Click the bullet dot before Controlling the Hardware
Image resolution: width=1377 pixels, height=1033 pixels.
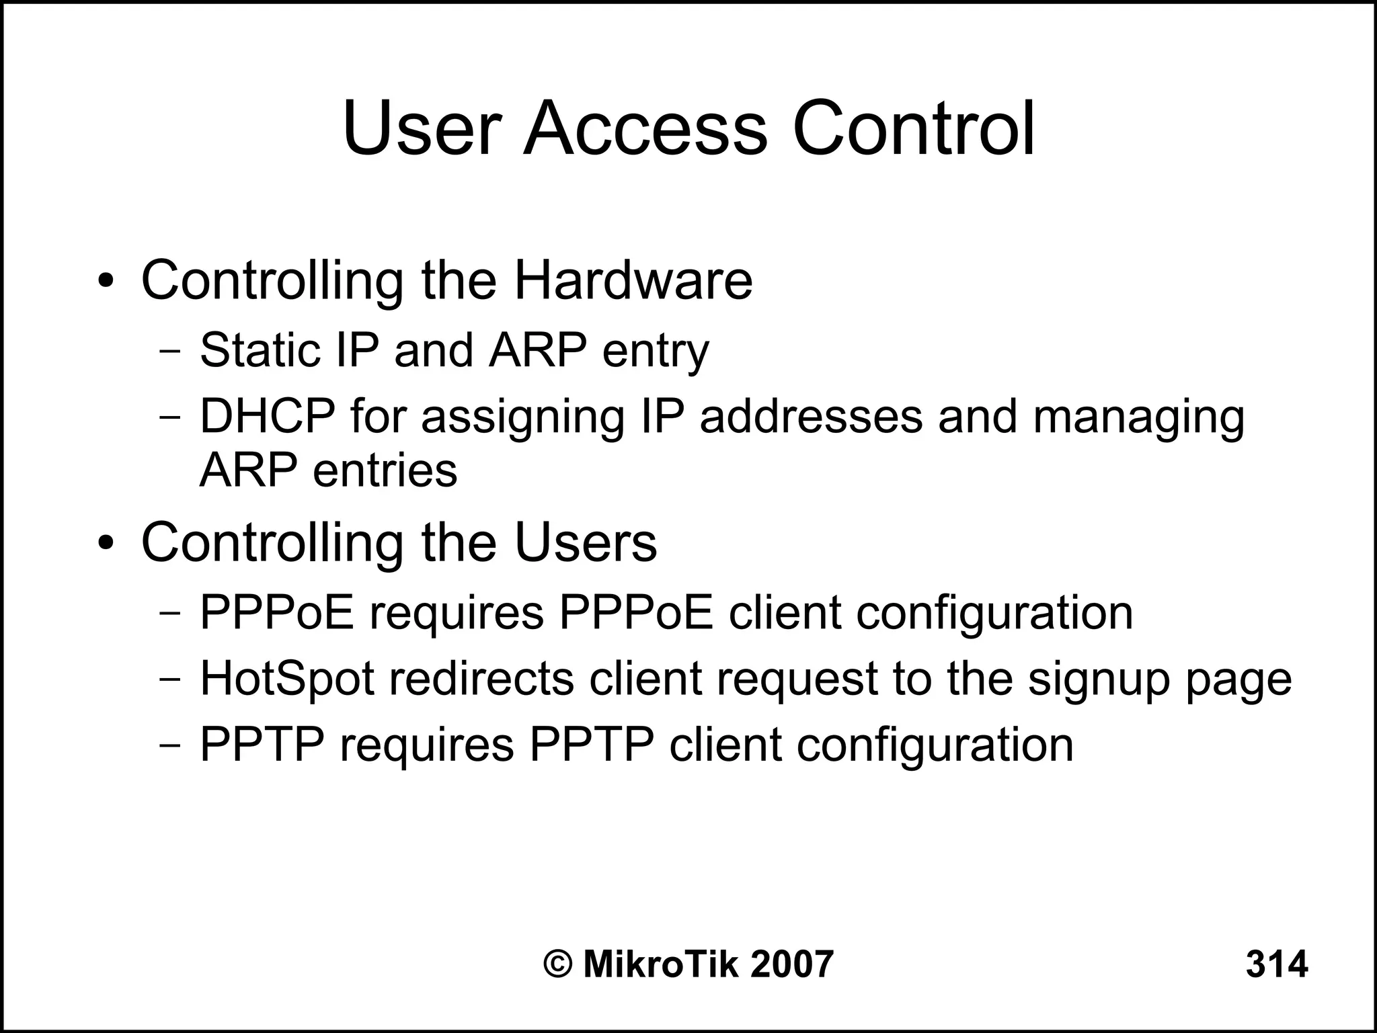click(106, 281)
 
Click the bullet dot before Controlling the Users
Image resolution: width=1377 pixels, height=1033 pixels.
click(106, 543)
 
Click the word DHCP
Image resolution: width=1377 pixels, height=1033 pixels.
click(267, 417)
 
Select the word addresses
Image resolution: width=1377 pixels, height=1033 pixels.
click(811, 417)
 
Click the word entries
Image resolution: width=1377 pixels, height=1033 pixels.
click(385, 470)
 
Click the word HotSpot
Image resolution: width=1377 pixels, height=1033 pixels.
click(287, 679)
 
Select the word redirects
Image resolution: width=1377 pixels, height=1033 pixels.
click(481, 679)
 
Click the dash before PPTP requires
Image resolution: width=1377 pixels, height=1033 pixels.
click(171, 745)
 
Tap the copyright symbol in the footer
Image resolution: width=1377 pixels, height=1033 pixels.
click(557, 964)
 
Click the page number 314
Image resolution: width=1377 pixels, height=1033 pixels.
click(1276, 964)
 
